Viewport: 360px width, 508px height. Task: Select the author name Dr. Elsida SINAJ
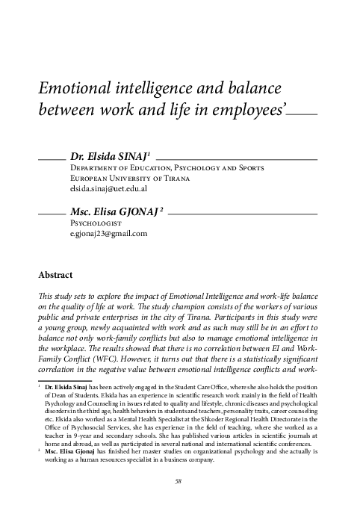click(110, 158)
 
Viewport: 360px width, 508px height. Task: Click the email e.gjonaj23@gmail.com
click(108, 234)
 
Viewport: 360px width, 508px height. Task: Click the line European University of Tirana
click(129, 180)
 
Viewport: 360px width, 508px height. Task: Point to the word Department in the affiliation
click(96, 170)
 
